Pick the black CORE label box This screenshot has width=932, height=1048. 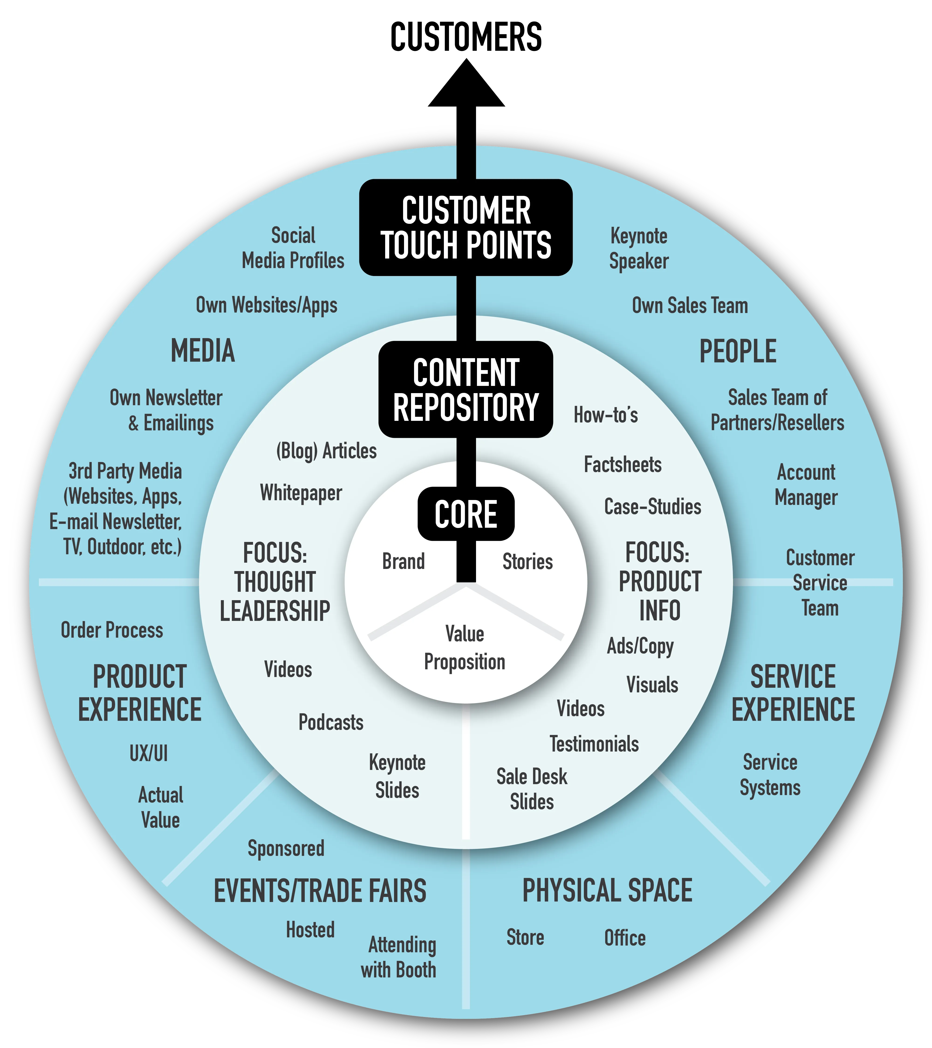click(466, 514)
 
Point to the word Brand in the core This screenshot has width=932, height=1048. click(403, 561)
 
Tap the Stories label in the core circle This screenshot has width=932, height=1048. click(527, 561)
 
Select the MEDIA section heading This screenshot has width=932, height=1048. click(203, 351)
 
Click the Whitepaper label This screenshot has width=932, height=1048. click(301, 493)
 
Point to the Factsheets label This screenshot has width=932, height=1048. click(623, 465)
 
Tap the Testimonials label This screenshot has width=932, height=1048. click(594, 744)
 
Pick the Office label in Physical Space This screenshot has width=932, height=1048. click(625, 938)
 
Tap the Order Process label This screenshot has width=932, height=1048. click(112, 630)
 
